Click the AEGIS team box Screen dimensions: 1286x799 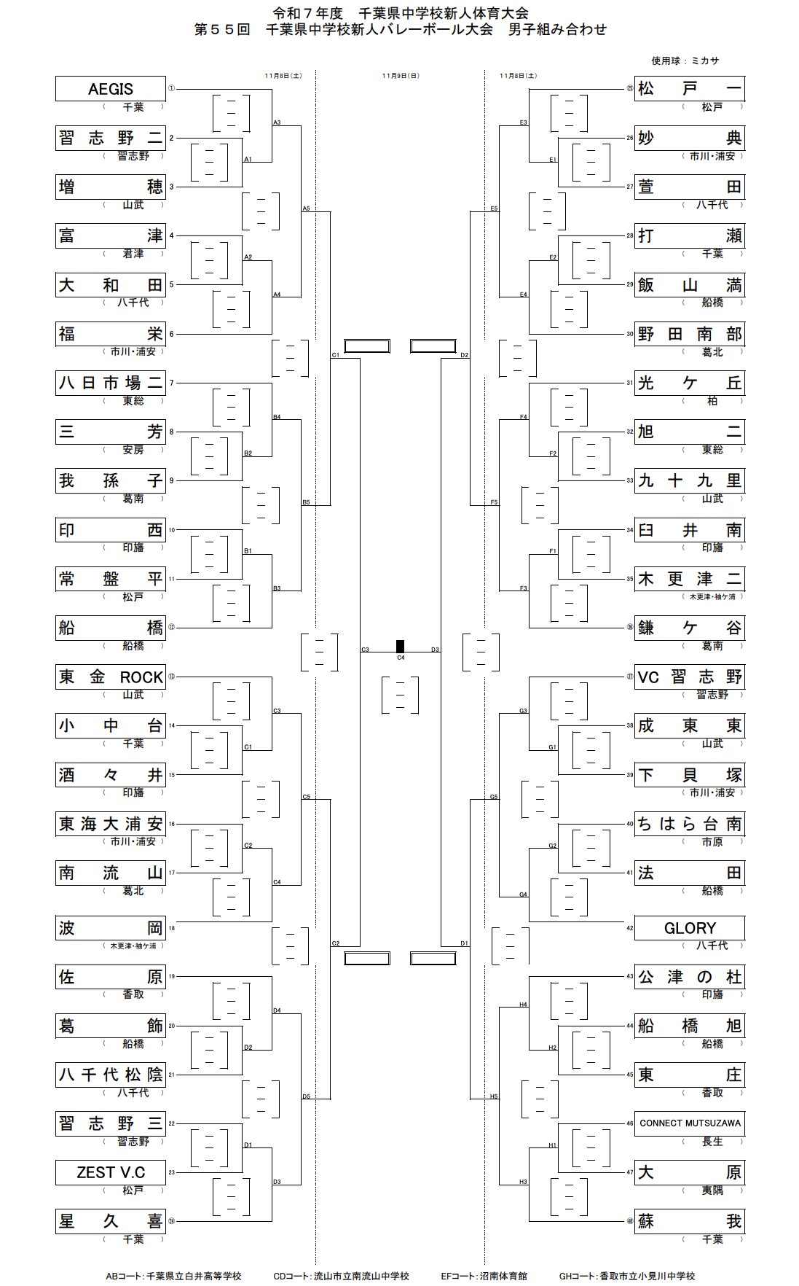coord(111,89)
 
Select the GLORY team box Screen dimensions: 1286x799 coord(690,928)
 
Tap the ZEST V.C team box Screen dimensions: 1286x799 coord(111,1172)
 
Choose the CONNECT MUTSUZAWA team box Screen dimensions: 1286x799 coord(690,1123)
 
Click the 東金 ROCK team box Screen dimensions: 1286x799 coord(111,677)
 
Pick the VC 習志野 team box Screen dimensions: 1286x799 coord(690,677)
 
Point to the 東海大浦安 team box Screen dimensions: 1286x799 coord(111,824)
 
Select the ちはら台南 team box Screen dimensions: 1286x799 coord(690,824)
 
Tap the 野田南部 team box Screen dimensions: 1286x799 coord(690,334)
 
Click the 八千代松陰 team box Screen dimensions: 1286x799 coord(111,1075)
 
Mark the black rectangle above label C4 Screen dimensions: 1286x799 coord(400,646)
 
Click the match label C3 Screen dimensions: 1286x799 coord(365,649)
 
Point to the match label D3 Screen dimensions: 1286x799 coord(435,649)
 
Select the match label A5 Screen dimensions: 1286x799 coord(306,209)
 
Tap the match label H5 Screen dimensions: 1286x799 coord(494,1096)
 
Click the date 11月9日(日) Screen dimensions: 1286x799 coord(401,76)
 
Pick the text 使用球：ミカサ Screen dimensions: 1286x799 coord(685,61)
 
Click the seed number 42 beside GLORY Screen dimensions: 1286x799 coord(630,928)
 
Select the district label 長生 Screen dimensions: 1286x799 coord(712,1142)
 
